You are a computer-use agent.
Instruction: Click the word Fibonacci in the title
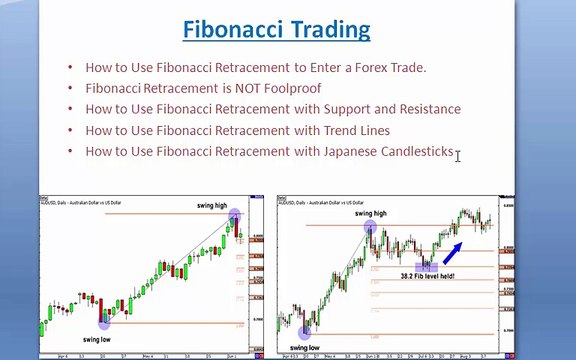[x=229, y=29]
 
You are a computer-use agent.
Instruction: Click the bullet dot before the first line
[x=70, y=67]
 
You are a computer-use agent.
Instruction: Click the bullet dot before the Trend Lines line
[x=70, y=130]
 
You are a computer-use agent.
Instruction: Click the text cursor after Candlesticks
[x=458, y=155]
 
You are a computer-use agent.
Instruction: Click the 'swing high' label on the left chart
[x=212, y=205]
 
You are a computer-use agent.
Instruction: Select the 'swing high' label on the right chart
[x=370, y=213]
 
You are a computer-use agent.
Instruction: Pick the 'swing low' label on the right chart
[x=303, y=347]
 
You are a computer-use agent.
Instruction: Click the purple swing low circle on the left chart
[x=103, y=320]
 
